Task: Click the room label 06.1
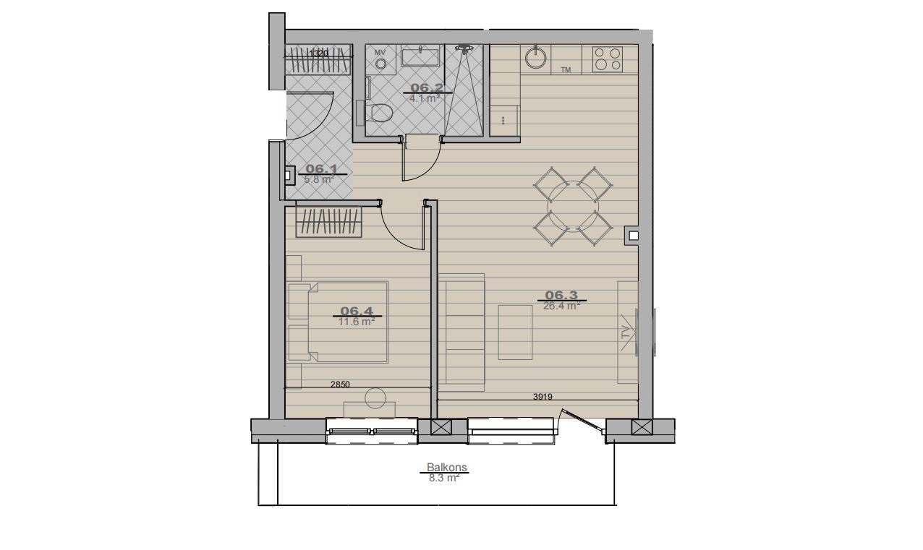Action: tap(321, 169)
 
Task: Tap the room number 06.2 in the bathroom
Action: tap(427, 87)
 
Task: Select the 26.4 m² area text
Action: tap(561, 306)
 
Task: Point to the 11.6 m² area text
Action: tap(357, 322)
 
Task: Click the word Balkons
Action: tap(446, 468)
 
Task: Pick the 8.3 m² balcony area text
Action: tap(444, 478)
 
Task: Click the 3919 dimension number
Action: tap(543, 397)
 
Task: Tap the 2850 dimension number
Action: tap(340, 384)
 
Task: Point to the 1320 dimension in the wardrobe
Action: tap(318, 53)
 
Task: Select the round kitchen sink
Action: tap(536, 59)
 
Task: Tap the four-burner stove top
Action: tap(608, 59)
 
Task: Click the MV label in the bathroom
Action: tap(380, 53)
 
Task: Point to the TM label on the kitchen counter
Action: tap(566, 70)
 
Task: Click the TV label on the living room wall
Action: tap(626, 332)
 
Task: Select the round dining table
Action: tap(573, 206)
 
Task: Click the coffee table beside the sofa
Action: tap(515, 332)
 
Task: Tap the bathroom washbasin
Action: tap(420, 57)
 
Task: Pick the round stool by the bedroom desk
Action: tap(375, 398)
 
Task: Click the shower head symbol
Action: tap(464, 49)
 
